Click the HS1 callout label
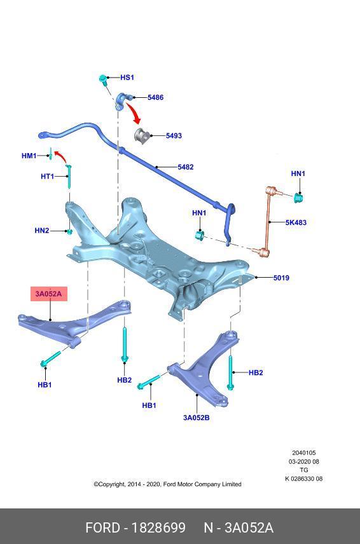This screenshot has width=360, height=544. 127,78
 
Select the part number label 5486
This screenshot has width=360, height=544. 156,97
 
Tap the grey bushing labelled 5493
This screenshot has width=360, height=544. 141,135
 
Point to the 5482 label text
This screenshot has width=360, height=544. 186,167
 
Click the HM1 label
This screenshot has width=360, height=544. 29,156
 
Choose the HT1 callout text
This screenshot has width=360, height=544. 47,176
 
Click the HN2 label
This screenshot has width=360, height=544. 41,230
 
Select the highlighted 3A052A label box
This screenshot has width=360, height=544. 48,294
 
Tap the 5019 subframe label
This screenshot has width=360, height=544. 281,278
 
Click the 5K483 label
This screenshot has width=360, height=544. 296,222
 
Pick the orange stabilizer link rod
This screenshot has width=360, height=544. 268,222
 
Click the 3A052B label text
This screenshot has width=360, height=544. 196,418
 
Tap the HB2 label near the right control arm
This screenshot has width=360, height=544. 256,372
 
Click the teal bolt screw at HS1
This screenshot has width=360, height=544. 103,79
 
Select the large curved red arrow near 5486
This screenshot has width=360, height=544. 134,112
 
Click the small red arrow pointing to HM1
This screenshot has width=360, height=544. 61,156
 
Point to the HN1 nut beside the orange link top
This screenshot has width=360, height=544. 298,198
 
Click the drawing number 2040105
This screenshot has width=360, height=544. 304,452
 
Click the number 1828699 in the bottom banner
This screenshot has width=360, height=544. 158,527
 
